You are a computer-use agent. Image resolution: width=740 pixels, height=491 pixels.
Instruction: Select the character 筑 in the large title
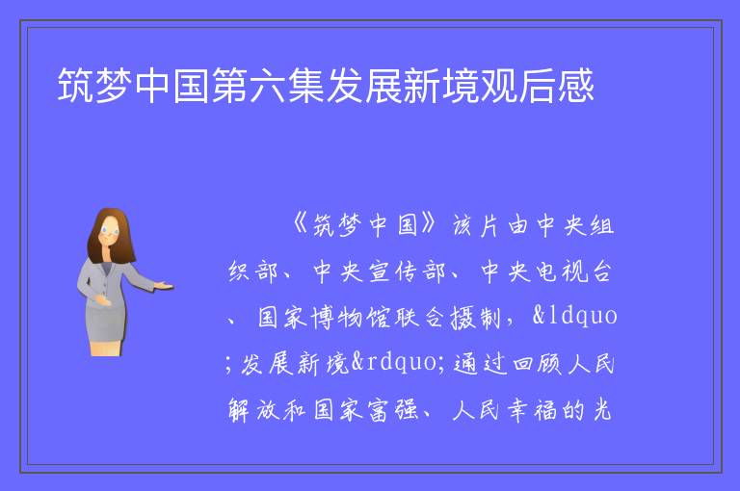pos(76,86)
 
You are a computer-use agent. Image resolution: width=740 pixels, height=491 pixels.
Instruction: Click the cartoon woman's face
pos(109,232)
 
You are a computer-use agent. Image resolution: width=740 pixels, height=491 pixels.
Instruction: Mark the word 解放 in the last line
pos(253,409)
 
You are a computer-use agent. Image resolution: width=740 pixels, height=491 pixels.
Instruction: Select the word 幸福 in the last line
pos(532,409)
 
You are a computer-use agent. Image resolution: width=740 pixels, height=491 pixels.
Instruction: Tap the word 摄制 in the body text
pos(475,317)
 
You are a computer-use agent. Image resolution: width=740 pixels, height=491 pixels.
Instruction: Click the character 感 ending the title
pos(576,86)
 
